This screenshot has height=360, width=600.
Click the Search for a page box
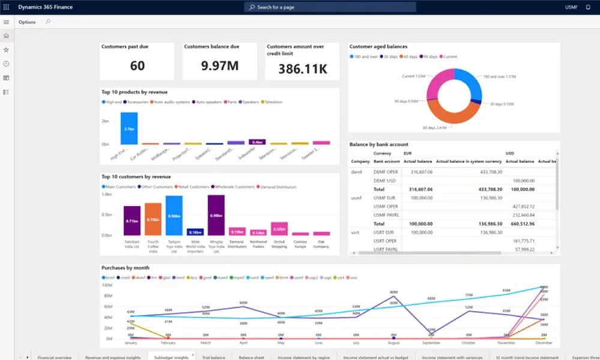point(329,7)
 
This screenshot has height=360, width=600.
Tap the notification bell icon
point(588,7)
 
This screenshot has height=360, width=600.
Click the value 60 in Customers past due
point(137,65)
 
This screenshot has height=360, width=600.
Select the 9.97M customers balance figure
point(220,65)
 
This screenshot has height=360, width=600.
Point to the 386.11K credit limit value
point(302,68)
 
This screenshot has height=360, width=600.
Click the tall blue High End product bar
point(129,128)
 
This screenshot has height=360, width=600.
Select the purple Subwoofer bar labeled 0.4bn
point(257,142)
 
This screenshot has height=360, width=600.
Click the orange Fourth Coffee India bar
point(153,219)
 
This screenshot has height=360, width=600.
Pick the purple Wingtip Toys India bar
point(216,215)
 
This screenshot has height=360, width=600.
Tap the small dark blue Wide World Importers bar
point(195,232)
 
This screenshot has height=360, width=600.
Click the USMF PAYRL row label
point(387,214)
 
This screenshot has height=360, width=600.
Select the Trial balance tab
point(214,357)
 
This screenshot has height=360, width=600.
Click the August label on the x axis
point(393,343)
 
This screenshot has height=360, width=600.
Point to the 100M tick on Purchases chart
point(108,286)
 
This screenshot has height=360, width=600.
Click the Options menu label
point(27,22)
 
